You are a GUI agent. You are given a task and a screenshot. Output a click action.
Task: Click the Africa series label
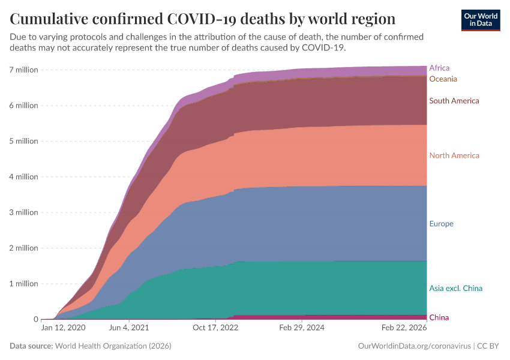(439, 68)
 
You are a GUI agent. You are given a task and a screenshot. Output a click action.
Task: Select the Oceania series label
(443, 79)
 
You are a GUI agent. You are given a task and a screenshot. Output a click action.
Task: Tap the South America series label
(454, 101)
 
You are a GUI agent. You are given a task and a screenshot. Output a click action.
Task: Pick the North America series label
(454, 155)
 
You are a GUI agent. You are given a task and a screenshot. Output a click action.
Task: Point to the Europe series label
(441, 224)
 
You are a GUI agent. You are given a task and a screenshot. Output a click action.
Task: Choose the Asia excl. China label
(455, 288)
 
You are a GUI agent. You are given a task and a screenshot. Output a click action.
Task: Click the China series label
(439, 317)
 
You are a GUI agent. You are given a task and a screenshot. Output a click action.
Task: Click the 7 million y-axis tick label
(23, 70)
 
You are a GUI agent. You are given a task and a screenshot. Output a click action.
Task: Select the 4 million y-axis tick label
(23, 176)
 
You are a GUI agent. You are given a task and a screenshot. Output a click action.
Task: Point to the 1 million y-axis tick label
(23, 283)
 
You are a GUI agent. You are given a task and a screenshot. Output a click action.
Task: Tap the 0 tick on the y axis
(35, 319)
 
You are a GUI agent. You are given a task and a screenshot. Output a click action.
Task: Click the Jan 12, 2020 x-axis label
(63, 328)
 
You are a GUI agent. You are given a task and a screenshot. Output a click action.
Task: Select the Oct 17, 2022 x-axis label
(215, 328)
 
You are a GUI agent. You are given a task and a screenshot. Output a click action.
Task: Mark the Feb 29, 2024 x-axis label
(302, 328)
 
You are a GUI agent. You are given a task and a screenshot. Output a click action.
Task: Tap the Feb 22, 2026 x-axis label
(404, 328)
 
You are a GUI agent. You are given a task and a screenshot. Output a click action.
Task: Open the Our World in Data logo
(480, 20)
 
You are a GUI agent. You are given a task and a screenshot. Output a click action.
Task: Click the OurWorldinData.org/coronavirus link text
(413, 346)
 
